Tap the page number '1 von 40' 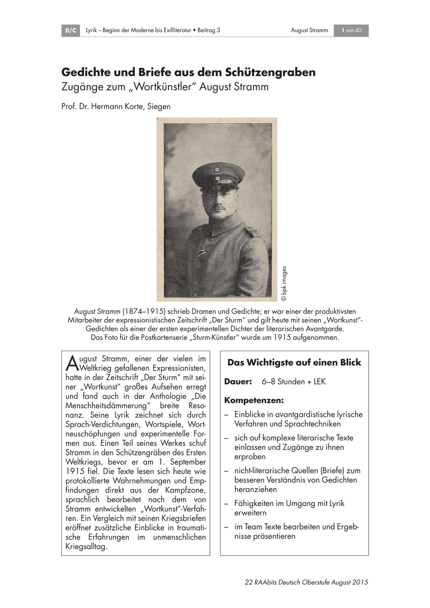click(x=351, y=30)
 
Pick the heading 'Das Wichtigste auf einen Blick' click(x=294, y=363)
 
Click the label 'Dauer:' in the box click(x=238, y=381)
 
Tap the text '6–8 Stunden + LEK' click(x=293, y=381)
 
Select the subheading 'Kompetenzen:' click(x=255, y=400)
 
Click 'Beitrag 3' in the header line click(x=209, y=30)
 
